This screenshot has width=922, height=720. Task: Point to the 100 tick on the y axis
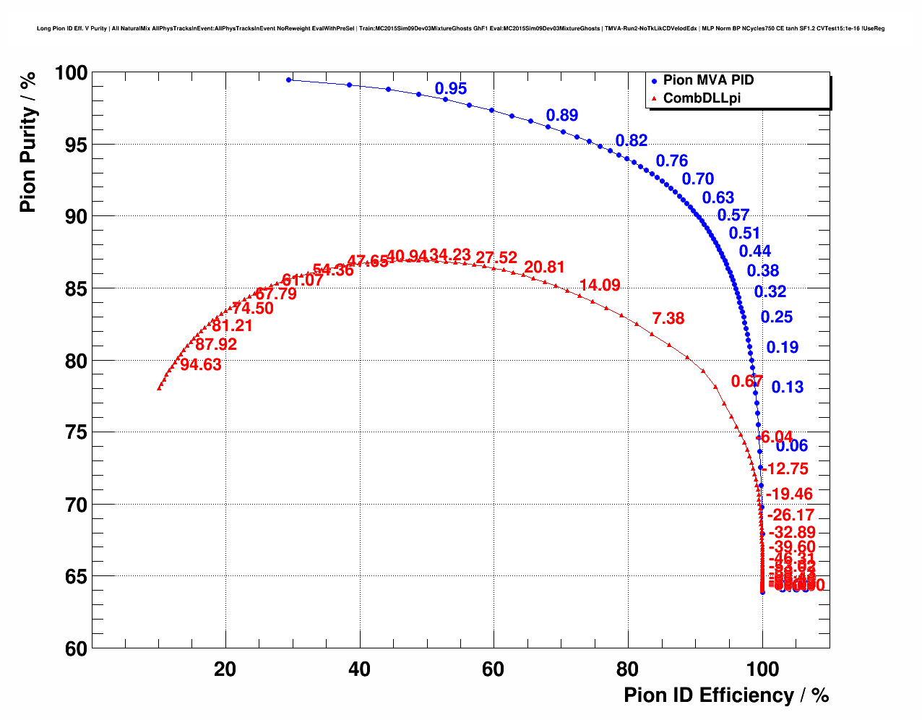[x=71, y=73]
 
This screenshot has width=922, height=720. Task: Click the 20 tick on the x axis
[x=225, y=669]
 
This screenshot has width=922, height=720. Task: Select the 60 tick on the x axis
[x=494, y=669]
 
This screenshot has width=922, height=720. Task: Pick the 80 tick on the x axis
[x=627, y=669]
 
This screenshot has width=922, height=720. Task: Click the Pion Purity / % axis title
[x=27, y=142]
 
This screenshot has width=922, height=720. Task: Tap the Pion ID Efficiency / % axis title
[x=726, y=695]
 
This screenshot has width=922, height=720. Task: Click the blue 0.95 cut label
[x=451, y=89]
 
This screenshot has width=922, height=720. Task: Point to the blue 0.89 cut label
[x=562, y=115]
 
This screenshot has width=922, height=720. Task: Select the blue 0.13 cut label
[x=788, y=387]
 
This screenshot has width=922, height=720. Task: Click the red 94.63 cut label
[x=201, y=365]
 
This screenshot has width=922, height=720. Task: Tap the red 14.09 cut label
[x=600, y=286]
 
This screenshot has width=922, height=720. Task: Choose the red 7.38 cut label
[x=668, y=319]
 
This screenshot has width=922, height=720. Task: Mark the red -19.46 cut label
[x=789, y=494]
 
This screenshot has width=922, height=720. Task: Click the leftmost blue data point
[x=289, y=80]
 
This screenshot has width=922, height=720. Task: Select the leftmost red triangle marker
[x=159, y=388]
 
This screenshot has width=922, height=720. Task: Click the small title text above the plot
[x=460, y=29]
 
